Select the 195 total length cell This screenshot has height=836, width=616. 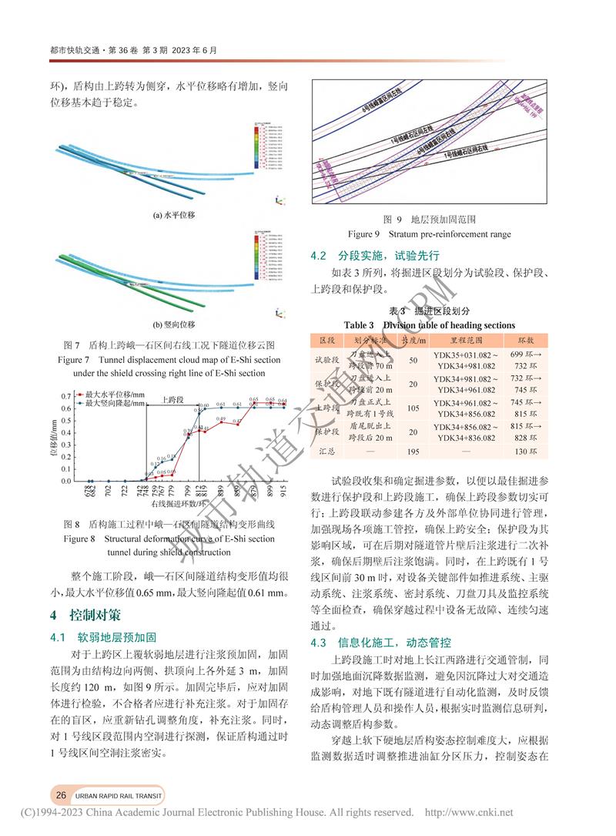(413, 451)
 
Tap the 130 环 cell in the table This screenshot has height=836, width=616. (536, 451)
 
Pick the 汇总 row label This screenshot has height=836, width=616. (327, 451)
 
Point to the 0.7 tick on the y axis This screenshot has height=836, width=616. (65, 396)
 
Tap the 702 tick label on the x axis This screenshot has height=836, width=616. (108, 490)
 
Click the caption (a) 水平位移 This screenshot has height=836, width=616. (173, 215)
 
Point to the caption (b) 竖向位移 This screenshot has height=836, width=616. (173, 324)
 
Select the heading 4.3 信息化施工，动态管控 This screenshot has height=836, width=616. (380, 642)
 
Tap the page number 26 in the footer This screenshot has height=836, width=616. (59, 794)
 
